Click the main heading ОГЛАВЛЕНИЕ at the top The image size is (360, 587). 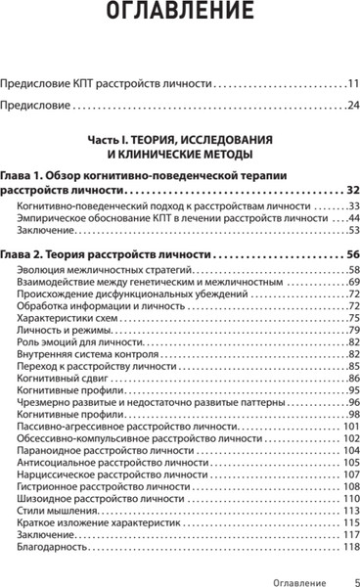tap(180, 17)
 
